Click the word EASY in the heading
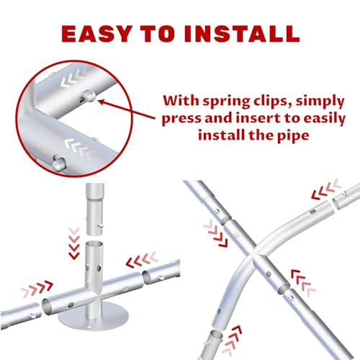pos(96,34)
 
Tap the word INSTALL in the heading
pos(242,34)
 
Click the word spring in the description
pos(227,102)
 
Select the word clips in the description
pos(271,102)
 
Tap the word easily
pos(323,119)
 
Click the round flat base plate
pos(93,317)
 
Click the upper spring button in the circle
pos(89,96)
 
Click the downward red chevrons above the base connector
pos(74,243)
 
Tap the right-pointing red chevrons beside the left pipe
pos(37,287)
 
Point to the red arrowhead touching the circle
pos(102,102)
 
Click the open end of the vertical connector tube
pos(95,245)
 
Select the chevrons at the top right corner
pos(326,189)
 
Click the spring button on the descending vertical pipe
pos(101,225)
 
